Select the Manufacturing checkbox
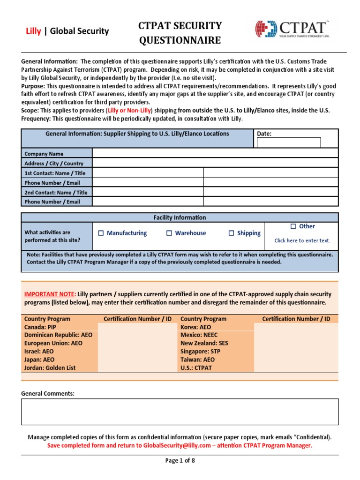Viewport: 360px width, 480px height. point(101,233)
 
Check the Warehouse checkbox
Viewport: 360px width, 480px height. point(169,233)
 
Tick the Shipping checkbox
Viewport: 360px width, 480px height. point(231,233)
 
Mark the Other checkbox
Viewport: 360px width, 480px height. point(293,226)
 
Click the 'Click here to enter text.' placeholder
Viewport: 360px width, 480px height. point(302,240)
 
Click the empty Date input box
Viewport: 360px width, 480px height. point(289,142)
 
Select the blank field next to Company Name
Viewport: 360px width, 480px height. point(215,153)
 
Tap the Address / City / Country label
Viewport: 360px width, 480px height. point(53,164)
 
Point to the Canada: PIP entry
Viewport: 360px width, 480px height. point(40,327)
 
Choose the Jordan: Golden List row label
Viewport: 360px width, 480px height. point(50,368)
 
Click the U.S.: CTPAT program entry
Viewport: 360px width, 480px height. point(196,368)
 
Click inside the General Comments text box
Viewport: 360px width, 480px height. point(180,412)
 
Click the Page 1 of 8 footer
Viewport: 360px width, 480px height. point(180,460)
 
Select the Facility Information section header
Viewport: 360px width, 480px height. point(180,217)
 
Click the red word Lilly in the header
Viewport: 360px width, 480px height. point(32,31)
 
